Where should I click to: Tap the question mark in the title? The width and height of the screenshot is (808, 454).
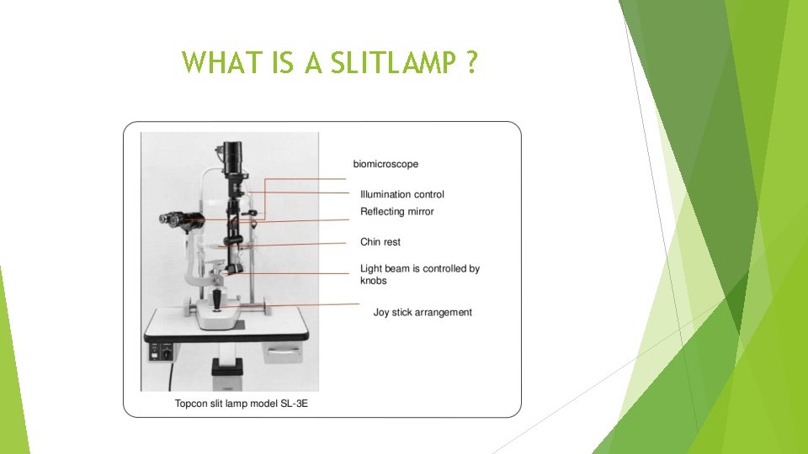(470, 63)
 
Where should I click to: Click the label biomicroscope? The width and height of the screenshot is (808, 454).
(385, 164)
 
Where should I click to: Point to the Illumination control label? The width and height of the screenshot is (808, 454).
(402, 194)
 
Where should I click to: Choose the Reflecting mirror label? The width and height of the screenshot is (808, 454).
(397, 211)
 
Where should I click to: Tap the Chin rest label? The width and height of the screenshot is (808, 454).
(380, 242)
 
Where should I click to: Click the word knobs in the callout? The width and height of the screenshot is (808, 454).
(374, 281)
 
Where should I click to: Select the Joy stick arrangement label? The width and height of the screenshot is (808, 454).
(423, 312)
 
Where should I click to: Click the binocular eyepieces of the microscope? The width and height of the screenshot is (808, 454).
(173, 219)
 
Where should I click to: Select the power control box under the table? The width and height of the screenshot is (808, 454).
(162, 350)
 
